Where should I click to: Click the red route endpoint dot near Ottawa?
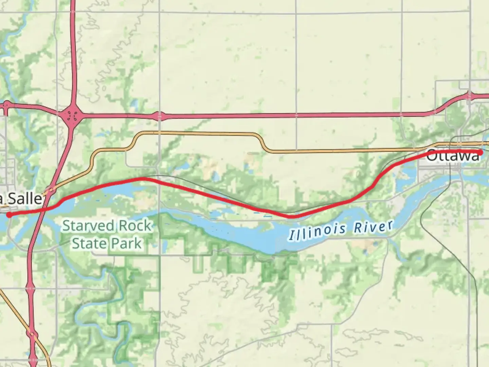[481, 152]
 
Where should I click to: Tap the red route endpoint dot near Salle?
[9, 214]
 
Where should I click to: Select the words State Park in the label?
[107, 243]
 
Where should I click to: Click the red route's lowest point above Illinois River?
[292, 216]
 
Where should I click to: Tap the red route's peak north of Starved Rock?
[143, 178]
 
